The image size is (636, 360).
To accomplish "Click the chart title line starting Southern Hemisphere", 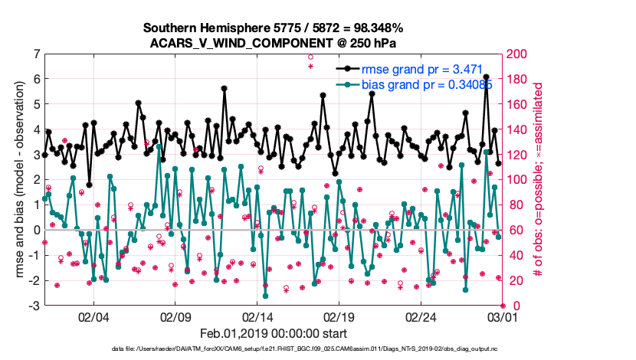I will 270,28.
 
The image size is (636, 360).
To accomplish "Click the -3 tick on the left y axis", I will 35,306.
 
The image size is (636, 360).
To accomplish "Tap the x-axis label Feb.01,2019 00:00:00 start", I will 274,334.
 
